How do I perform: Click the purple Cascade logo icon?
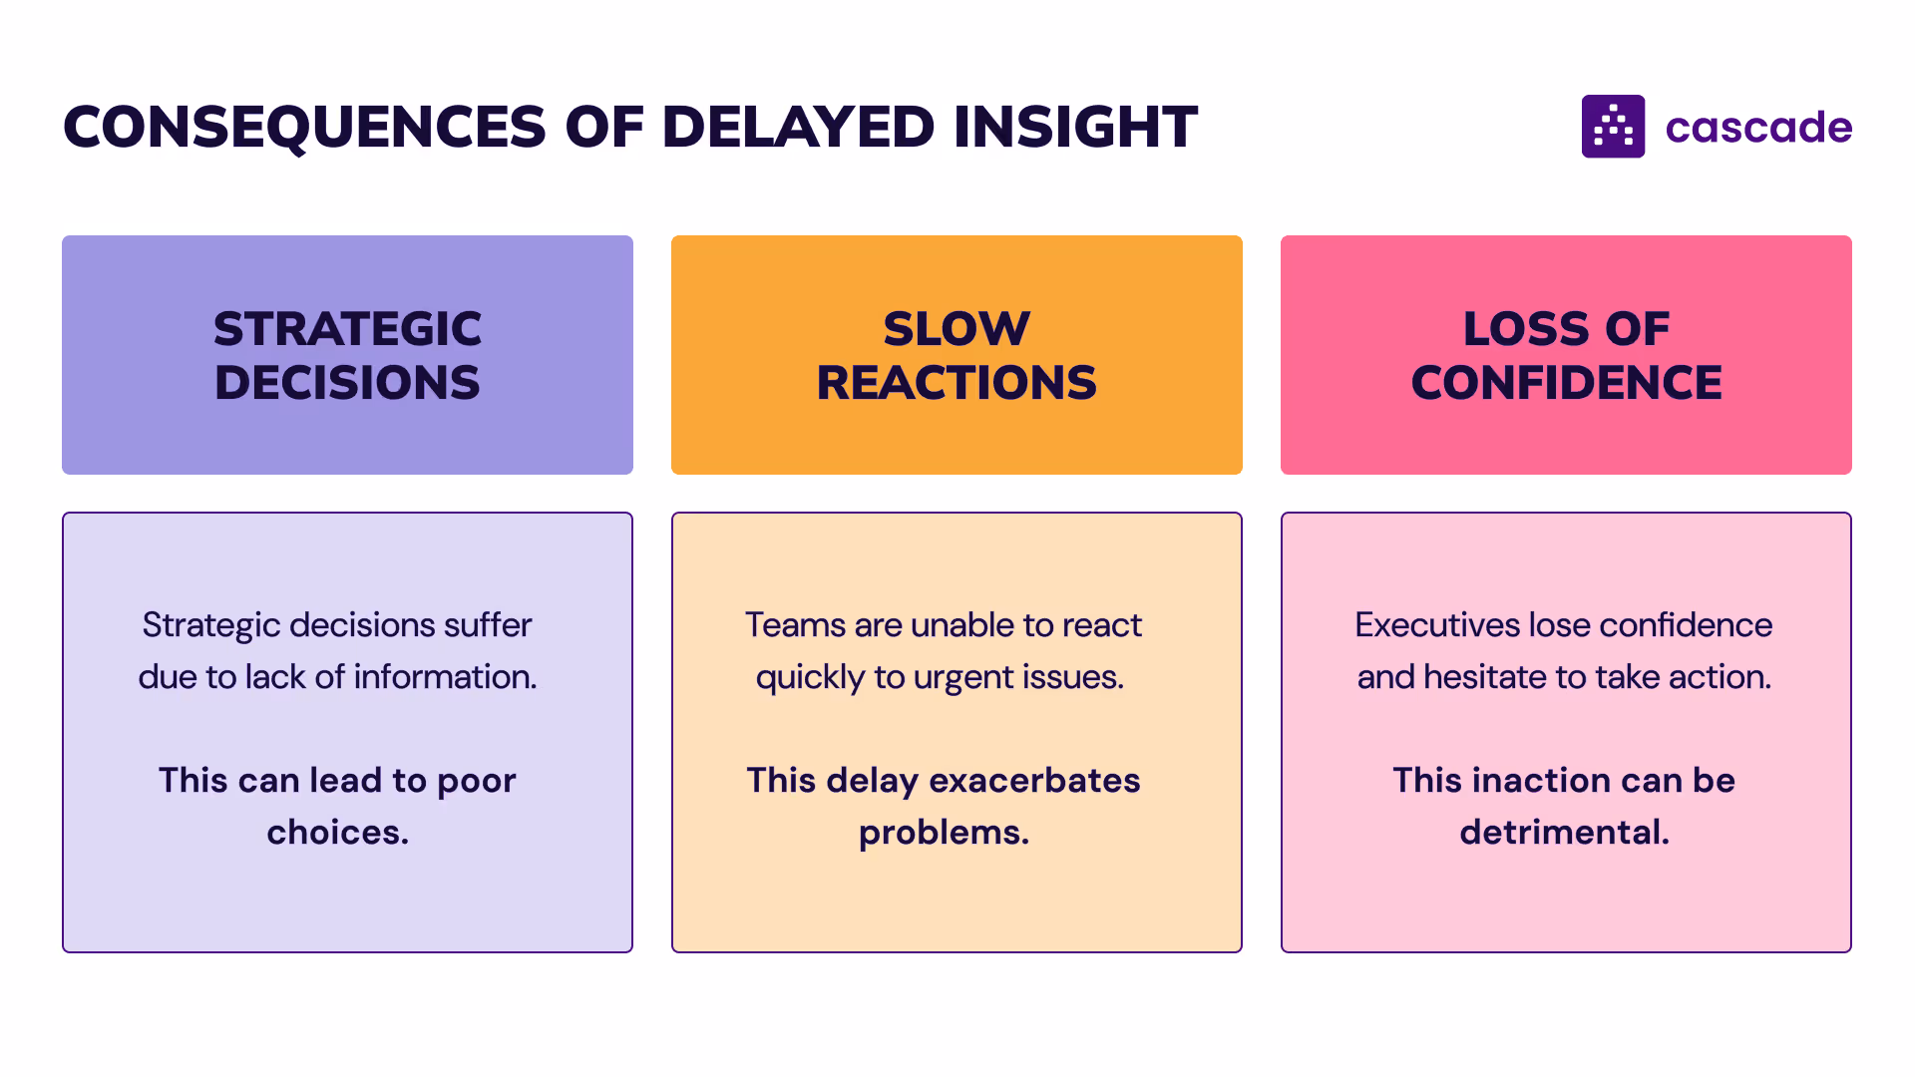point(1613,127)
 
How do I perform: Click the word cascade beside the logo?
point(1758,128)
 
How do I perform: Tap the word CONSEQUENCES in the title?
point(304,128)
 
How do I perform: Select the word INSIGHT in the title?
point(1075,128)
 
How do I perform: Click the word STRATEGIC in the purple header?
point(347,329)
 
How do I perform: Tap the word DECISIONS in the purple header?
point(347,383)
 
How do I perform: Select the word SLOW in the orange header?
point(957,329)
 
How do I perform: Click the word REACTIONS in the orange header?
point(957,383)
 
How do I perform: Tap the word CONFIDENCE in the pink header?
point(1566,383)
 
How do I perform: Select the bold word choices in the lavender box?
point(337,833)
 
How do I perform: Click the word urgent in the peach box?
point(962,678)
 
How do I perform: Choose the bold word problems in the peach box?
point(944,833)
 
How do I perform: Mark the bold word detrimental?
point(1564,833)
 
